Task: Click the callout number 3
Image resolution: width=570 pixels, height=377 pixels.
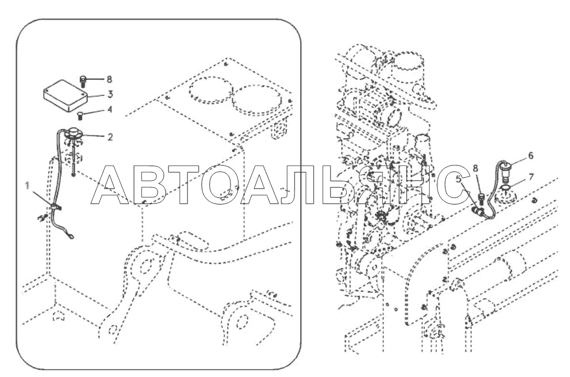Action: click(x=110, y=94)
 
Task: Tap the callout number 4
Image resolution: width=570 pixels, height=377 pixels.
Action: click(x=110, y=109)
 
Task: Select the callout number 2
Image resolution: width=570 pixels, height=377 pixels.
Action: click(x=110, y=137)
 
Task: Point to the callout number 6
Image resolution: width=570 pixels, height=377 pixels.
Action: click(x=531, y=155)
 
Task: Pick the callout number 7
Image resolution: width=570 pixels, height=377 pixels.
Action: click(x=531, y=177)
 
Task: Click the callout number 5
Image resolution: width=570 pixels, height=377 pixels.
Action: click(x=459, y=179)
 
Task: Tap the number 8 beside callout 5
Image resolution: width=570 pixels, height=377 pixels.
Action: click(x=476, y=168)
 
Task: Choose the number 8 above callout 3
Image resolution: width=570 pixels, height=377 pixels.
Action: click(x=109, y=79)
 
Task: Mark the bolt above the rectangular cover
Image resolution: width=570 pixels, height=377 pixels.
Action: click(x=83, y=81)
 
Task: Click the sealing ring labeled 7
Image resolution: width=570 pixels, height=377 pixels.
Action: click(x=505, y=187)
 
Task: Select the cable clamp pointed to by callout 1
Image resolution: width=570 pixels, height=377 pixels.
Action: click(x=55, y=208)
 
